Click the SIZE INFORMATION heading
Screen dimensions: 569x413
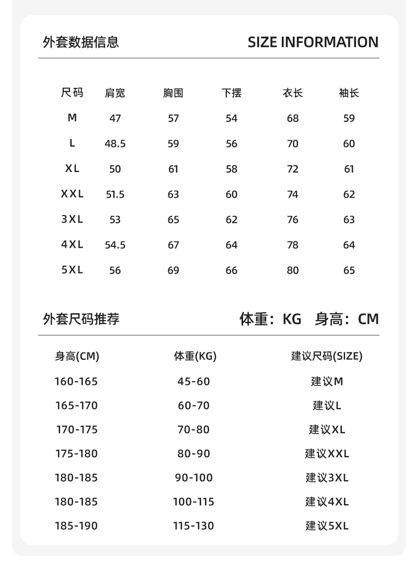point(313,42)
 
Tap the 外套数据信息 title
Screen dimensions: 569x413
point(81,42)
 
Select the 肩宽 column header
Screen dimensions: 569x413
point(115,93)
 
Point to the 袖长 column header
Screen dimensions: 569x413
point(349,93)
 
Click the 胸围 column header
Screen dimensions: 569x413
point(173,93)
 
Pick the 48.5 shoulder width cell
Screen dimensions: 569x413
point(115,144)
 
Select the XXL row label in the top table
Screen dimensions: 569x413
point(72,194)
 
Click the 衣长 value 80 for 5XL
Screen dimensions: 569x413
point(293,270)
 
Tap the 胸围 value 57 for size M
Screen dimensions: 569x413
point(174,118)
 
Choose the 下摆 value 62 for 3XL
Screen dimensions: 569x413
point(232,220)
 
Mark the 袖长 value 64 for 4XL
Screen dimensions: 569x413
point(349,245)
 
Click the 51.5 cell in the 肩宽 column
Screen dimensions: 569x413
point(115,195)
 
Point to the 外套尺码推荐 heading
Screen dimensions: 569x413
point(81,318)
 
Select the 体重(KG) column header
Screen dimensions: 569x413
point(195,356)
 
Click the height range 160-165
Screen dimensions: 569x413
point(76,381)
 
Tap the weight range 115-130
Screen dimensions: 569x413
point(193,526)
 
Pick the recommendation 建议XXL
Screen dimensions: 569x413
point(327,453)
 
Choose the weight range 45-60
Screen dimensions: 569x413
point(193,381)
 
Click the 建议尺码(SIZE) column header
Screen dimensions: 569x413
point(327,356)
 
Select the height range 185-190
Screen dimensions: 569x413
point(76,526)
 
